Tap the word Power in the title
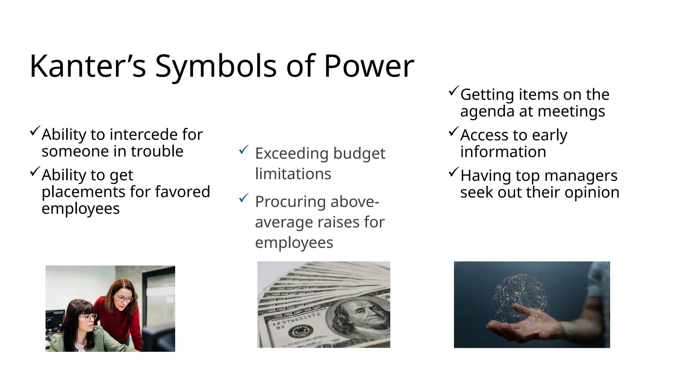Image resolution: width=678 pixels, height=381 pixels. pyautogui.click(x=368, y=66)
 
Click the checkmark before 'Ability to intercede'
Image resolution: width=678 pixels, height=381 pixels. pyautogui.click(x=35, y=131)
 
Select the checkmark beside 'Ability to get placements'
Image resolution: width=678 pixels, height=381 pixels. pyautogui.click(x=35, y=171)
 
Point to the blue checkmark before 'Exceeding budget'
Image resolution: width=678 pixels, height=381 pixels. pyautogui.click(x=243, y=150)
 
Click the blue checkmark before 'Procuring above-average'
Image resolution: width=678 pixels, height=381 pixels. pyautogui.click(x=243, y=198)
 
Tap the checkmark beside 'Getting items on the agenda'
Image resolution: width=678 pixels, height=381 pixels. pyautogui.click(x=454, y=91)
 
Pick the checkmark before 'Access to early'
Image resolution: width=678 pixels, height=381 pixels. pyautogui.click(x=454, y=132)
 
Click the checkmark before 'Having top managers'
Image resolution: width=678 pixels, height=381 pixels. pyautogui.click(x=454, y=172)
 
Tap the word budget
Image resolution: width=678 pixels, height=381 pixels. pyautogui.click(x=359, y=154)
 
